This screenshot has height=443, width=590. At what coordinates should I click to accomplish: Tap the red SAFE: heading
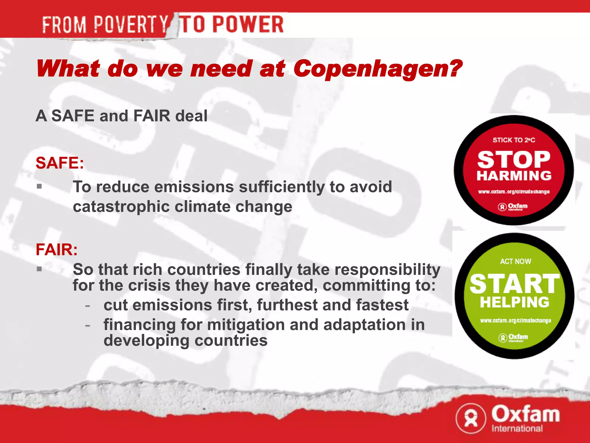point(60,163)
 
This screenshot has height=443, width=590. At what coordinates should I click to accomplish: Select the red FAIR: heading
point(56,249)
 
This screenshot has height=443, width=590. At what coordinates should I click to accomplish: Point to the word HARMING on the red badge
point(514,176)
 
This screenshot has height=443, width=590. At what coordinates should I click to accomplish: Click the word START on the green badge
point(515,284)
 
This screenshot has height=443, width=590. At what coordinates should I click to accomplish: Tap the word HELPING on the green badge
point(515,302)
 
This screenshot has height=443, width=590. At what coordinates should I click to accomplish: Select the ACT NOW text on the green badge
point(515,262)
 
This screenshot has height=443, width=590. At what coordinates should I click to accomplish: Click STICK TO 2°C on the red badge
point(514,140)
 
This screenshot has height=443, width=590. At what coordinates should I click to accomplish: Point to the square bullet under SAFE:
point(39,186)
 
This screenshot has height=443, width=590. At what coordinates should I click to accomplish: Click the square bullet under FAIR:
point(39,269)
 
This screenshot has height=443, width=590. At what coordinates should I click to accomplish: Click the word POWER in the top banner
point(248,25)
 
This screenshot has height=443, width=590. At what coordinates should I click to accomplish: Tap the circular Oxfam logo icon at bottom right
point(471,418)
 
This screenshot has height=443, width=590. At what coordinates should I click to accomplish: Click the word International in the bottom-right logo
point(517,428)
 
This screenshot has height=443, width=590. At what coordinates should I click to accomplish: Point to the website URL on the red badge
point(514,192)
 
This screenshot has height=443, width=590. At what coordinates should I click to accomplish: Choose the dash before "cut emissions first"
point(88,305)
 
